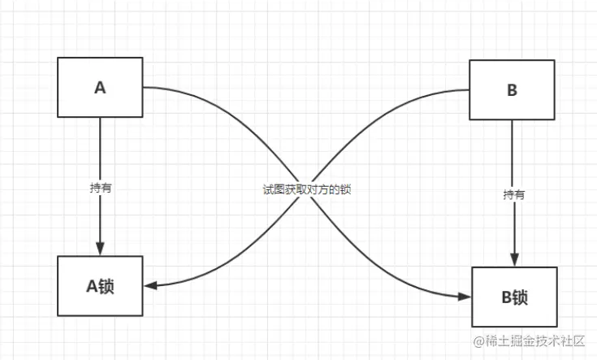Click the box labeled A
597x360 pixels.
[x=100, y=87]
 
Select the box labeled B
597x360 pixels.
[x=512, y=89]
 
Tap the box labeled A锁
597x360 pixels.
[x=100, y=285]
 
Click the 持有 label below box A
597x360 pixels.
[x=101, y=187]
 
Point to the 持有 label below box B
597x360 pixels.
[x=513, y=194]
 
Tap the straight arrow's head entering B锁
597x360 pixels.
[x=513, y=260]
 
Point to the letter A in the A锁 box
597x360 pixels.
[x=92, y=285]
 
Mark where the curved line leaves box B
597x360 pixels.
[x=469, y=89]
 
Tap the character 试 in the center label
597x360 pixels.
[x=267, y=188]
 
